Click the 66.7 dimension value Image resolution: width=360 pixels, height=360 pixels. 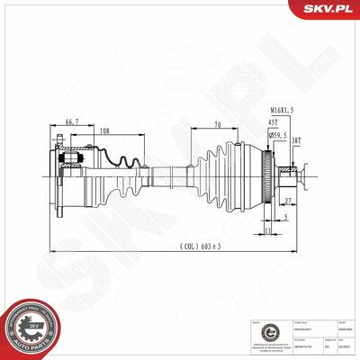point(73,120)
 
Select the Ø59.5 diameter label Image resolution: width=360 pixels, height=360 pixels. point(279,135)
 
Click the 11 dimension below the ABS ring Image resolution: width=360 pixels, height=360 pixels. point(269,229)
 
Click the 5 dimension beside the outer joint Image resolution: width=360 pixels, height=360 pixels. point(285,216)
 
